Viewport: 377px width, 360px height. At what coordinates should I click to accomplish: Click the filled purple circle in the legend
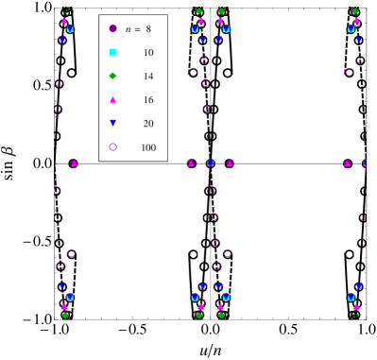pos(112,28)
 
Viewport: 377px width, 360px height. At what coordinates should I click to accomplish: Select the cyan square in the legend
pos(112,52)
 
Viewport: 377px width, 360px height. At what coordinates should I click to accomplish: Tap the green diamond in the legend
pos(112,76)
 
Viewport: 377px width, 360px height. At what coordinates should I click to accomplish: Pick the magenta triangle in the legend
pos(112,99)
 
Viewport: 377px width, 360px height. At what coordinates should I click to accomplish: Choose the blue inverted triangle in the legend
pos(112,123)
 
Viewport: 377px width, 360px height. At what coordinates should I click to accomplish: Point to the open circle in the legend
pos(112,146)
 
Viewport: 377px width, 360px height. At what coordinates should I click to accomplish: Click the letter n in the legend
pos(129,29)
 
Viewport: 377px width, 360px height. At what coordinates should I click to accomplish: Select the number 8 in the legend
pos(148,29)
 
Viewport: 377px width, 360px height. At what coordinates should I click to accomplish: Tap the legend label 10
pos(148,53)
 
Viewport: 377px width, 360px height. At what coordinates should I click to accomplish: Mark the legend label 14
pos(148,77)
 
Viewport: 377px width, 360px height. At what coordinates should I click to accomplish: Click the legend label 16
pos(148,100)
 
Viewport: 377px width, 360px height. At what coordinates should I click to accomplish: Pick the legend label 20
pos(148,124)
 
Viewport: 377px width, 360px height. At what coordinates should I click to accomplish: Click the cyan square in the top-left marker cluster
pos(70,29)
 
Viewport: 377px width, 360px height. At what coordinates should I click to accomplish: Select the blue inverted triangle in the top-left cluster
pos(62,40)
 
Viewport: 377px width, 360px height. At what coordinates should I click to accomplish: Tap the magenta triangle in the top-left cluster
pos(64,20)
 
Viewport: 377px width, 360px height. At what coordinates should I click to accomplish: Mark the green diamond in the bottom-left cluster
pos(65,315)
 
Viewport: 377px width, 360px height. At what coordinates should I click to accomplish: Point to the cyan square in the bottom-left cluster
pos(70,296)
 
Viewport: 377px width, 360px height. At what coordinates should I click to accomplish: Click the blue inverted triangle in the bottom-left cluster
pos(62,285)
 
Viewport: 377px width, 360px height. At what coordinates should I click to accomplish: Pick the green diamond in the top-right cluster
pos(355,11)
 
